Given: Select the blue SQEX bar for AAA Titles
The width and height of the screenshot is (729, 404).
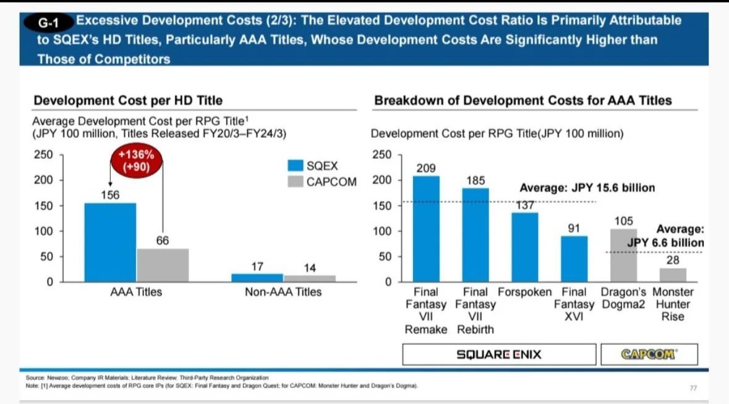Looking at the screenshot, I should coord(110,242).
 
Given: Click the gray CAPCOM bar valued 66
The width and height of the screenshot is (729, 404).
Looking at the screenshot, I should coord(163,265).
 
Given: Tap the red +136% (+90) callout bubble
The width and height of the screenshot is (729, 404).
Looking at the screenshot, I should coord(136,162).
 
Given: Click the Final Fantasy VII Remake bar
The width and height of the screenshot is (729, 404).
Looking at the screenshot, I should coord(426,229).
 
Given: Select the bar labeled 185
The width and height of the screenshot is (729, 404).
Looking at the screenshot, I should coord(475,235).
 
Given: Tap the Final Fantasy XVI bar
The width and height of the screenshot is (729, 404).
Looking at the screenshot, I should coord(574,259).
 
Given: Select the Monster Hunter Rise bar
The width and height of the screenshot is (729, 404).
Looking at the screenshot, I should coord(673,275).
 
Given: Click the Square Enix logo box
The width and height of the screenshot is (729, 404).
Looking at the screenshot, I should coord(498,355).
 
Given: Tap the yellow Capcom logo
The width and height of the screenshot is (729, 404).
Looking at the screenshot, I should coord(649,355).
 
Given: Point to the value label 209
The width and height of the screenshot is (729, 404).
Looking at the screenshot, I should coord(426,168).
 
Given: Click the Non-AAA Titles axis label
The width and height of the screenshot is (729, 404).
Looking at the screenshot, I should coord(283,292).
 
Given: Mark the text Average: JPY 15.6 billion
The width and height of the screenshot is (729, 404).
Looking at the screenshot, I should coord(587,188).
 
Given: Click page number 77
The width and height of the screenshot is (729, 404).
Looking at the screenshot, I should coord(694,388).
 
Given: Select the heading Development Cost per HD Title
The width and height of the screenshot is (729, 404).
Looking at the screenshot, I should coord(128,100).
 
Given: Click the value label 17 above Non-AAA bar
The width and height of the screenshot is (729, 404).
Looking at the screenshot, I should coord(257,267).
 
